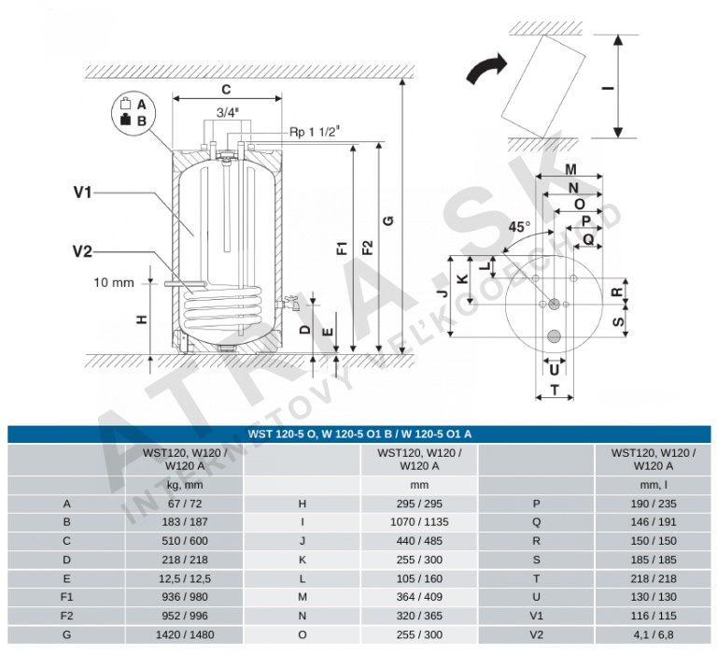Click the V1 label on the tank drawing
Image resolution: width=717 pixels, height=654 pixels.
(x=82, y=192)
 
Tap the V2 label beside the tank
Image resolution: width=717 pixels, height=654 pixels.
(x=82, y=249)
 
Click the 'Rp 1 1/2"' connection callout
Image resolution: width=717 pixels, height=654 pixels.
(x=316, y=132)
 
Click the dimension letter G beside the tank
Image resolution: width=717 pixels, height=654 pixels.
(x=388, y=221)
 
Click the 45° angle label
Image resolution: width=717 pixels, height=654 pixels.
(x=519, y=226)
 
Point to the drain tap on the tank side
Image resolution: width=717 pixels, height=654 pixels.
(x=290, y=304)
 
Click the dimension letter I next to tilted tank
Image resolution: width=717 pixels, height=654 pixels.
(x=608, y=90)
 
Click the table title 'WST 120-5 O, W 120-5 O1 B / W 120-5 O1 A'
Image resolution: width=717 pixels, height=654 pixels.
(x=359, y=434)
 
